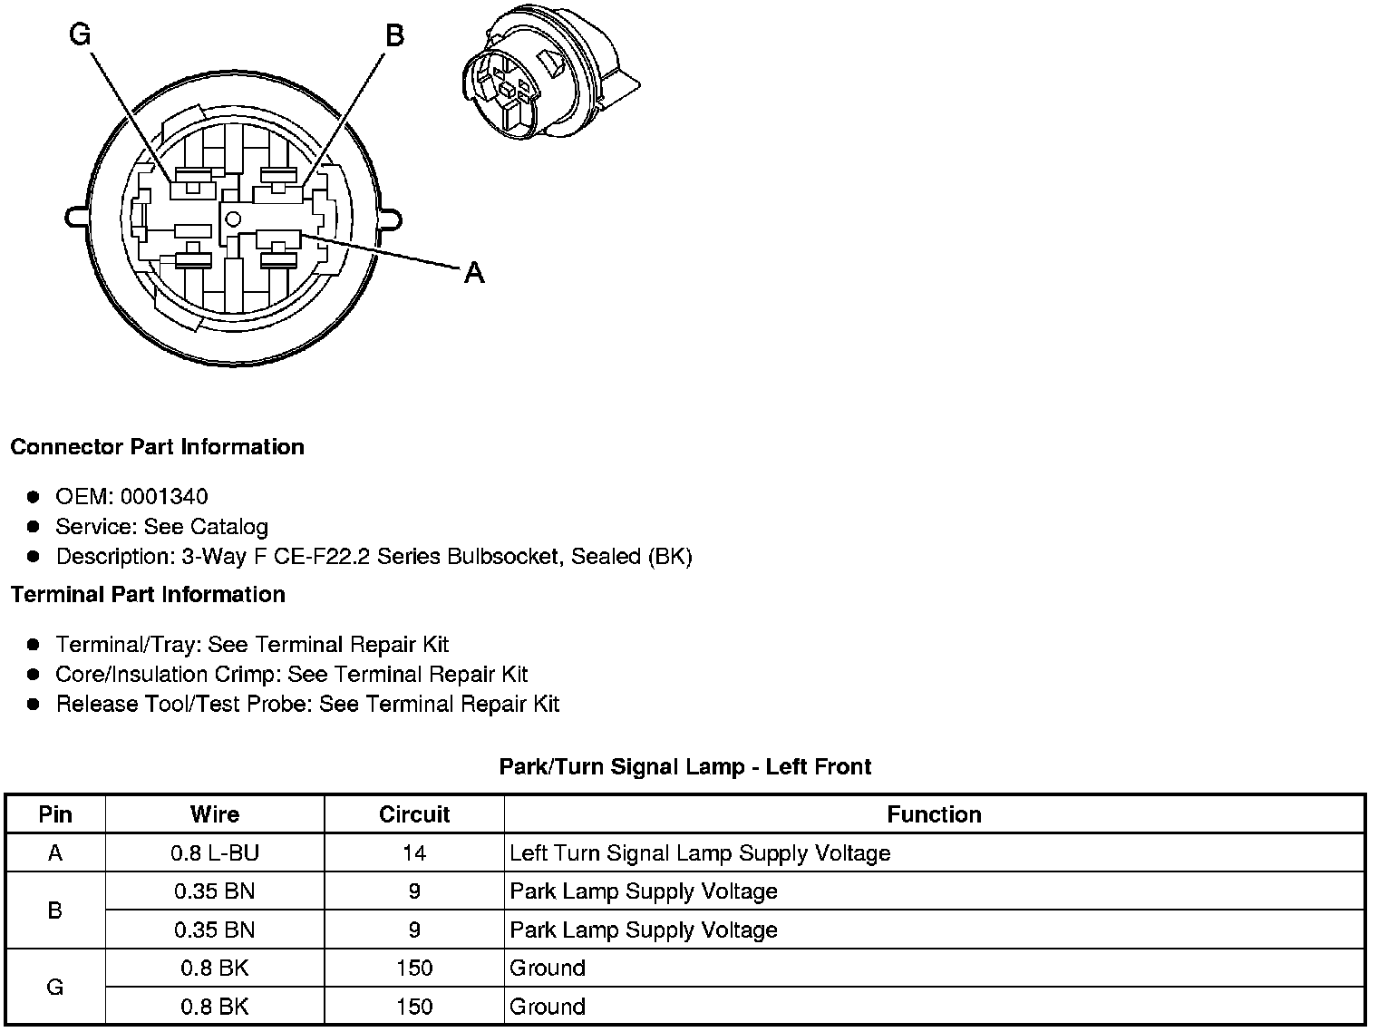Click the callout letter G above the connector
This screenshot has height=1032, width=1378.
point(81,34)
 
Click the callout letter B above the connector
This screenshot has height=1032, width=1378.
point(394,35)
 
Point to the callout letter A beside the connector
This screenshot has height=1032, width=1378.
point(474,272)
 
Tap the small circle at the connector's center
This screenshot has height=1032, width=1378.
point(233,218)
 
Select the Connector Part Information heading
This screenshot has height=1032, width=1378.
point(157,447)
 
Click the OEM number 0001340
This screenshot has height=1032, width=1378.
point(163,497)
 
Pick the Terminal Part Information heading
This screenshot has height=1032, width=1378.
point(148,595)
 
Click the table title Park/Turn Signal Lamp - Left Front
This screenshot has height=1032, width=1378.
point(684,767)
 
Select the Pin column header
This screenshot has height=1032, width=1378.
point(55,814)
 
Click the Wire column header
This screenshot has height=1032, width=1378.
point(215,814)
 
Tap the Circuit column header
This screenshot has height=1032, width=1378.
point(414,814)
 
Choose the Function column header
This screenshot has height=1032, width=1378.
point(934,814)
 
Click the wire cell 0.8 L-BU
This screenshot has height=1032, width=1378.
point(215,853)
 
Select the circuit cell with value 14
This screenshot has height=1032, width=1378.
point(414,853)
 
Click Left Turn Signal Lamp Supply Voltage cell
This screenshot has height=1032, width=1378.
point(700,853)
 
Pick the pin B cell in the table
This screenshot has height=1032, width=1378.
point(55,910)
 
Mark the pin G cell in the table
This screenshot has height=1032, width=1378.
point(55,987)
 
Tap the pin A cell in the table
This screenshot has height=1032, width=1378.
point(55,853)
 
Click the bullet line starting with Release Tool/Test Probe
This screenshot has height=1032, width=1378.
point(307,705)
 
